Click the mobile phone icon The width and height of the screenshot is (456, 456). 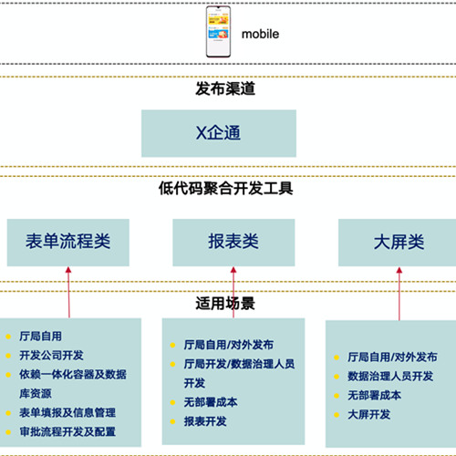(218, 32)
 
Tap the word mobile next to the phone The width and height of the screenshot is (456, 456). (260, 34)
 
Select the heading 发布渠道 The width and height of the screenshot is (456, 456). (225, 88)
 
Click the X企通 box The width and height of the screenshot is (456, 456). (219, 133)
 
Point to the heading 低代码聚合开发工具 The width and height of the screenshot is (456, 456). (226, 188)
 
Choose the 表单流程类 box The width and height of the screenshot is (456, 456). (68, 243)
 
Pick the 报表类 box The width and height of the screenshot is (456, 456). (233, 243)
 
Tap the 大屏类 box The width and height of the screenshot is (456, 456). (398, 243)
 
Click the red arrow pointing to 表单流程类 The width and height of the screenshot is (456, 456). (68, 293)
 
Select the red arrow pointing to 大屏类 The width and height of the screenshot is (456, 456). (399, 294)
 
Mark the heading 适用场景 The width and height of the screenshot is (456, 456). (225, 304)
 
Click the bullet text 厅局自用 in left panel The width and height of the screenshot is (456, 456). (40, 337)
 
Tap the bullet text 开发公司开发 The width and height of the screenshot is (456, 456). (51, 356)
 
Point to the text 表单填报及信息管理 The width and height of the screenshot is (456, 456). (67, 412)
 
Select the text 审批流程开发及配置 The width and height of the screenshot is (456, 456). (67, 431)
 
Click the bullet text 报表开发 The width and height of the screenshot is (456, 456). (205, 421)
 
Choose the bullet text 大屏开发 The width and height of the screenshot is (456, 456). (369, 414)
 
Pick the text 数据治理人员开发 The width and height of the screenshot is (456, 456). (390, 376)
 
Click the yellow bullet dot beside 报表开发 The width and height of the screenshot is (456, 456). (172, 421)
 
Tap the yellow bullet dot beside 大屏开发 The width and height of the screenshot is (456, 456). (337, 415)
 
